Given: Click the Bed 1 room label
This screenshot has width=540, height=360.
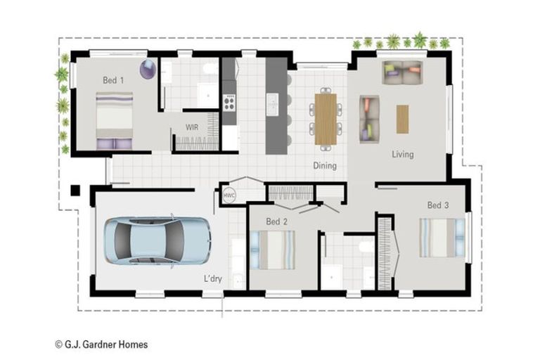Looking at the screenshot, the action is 113,80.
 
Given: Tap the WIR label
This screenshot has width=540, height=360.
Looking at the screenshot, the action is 192,127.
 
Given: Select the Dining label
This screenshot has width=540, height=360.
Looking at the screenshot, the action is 325,166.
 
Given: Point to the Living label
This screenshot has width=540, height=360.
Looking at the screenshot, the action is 403,154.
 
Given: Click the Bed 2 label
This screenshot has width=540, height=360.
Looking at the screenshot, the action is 276,221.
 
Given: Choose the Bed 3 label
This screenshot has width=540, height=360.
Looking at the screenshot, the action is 438,205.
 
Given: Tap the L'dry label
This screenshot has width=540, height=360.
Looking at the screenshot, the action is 213,278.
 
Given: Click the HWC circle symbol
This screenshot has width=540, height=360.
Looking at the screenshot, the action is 229,195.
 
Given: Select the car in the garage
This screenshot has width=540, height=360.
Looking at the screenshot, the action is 157,240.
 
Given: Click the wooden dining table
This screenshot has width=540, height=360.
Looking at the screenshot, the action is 326,120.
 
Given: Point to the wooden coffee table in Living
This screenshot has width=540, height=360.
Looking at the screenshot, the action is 402,120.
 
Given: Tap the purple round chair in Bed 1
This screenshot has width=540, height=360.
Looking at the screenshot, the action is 148,69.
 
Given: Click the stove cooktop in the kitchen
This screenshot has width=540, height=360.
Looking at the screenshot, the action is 229,103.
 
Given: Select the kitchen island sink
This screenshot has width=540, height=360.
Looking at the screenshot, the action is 273,104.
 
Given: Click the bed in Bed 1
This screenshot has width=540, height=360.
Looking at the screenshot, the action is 115,120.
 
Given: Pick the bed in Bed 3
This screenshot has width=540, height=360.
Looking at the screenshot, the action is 442,238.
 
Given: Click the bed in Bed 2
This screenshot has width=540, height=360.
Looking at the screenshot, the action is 273,250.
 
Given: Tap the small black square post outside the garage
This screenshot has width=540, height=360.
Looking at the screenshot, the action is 75,190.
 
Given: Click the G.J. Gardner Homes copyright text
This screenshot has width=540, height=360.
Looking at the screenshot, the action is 101,345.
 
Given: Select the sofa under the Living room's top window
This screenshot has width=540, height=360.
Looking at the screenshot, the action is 402,72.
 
